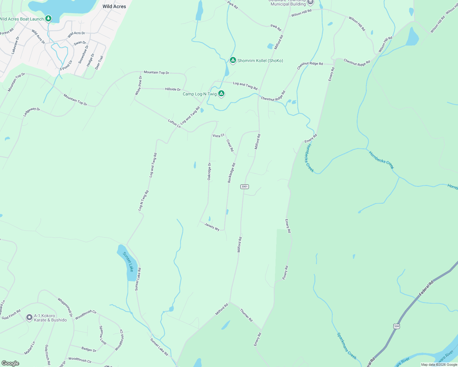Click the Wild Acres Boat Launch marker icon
pyautogui.click(x=48, y=19)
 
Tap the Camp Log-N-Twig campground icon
pyautogui.click(x=221, y=94)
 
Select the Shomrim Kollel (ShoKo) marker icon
pyautogui.click(x=233, y=60)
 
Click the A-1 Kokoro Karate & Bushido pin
pyautogui.click(x=29, y=317)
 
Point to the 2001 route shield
pyautogui.click(x=244, y=187)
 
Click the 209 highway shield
pyautogui.click(x=397, y=326)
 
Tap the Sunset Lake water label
pyautogui.click(x=128, y=261)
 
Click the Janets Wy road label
pyautogui.click(x=212, y=227)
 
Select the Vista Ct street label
pyautogui.click(x=218, y=135)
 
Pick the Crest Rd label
pyautogui.click(x=230, y=145)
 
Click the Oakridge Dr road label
pyautogui.click(x=209, y=171)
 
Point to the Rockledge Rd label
pyautogui.click(x=231, y=173)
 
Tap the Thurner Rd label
pyautogui.click(x=246, y=315)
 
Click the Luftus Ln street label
pyautogui.click(x=174, y=123)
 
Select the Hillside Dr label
pyautogui.click(x=173, y=89)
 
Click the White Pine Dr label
pyautogui.click(x=139, y=85)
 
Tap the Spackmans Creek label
pyautogui.click(x=347, y=346)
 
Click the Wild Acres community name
pyautogui.click(x=114, y=6)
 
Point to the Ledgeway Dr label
pyautogui.click(x=32, y=112)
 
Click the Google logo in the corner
pyautogui.click(x=10, y=363)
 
